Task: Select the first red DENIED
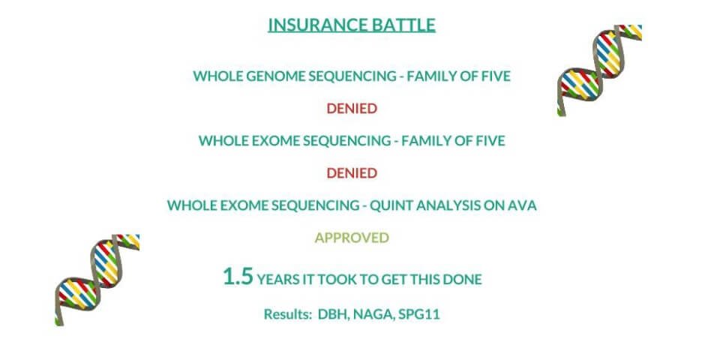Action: [352, 109]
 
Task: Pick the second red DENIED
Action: [352, 173]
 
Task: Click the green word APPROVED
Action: [352, 238]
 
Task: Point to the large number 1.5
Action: [238, 277]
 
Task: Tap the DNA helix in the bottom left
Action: [96, 277]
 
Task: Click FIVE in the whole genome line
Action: [495, 76]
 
